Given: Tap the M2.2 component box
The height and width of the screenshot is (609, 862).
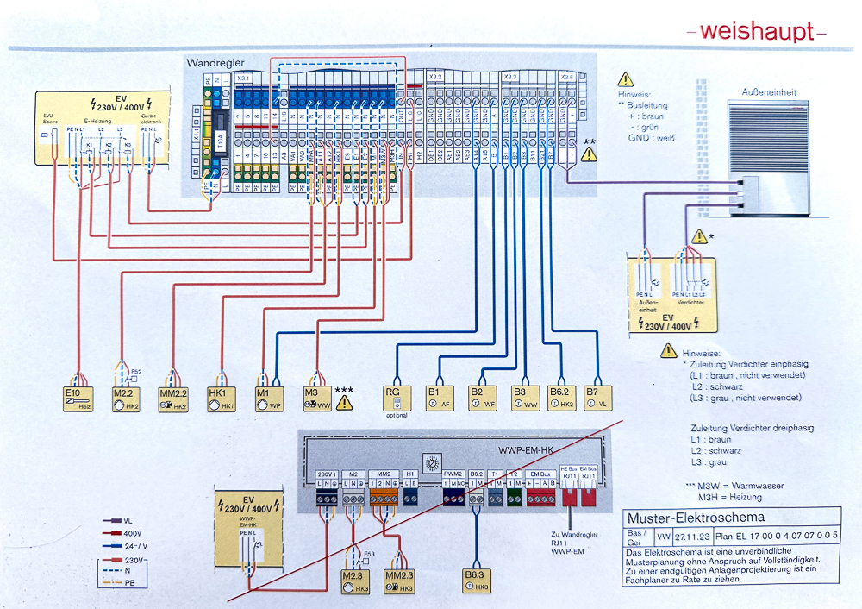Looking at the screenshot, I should [128, 398].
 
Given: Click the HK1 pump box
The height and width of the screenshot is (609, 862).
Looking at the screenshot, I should [222, 398].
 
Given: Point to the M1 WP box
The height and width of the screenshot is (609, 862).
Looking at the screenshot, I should [270, 398].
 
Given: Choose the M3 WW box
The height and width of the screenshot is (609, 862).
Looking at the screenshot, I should [317, 398].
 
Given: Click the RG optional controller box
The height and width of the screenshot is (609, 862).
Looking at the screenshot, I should [397, 398].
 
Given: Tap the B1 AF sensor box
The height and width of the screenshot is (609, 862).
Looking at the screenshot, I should [440, 398].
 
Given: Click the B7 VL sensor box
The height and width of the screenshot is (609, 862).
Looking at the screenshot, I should [597, 398].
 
